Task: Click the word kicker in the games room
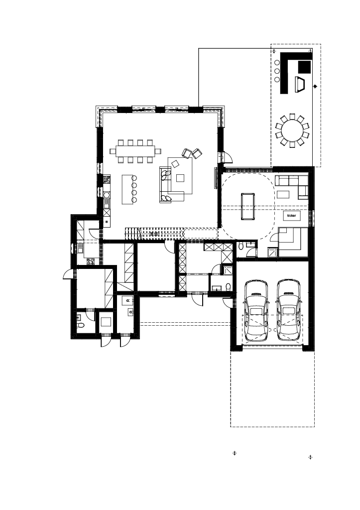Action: [292, 215]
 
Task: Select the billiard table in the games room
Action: [248, 207]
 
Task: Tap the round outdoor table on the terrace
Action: [292, 130]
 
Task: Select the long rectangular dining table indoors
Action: [135, 151]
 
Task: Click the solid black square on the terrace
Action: [304, 67]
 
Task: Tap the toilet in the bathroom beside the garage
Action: [228, 287]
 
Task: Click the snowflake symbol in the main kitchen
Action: [107, 222]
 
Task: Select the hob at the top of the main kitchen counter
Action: [107, 179]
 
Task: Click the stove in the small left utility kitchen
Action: [91, 261]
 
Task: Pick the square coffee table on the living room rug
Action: [180, 178]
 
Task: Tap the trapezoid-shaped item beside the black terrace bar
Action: [300, 84]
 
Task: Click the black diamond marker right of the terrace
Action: [315, 87]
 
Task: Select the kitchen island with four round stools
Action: [127, 190]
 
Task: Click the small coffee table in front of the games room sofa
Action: [283, 194]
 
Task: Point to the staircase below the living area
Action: [153, 233]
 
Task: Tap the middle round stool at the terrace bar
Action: [277, 71]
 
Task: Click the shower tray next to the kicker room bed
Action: [273, 252]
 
